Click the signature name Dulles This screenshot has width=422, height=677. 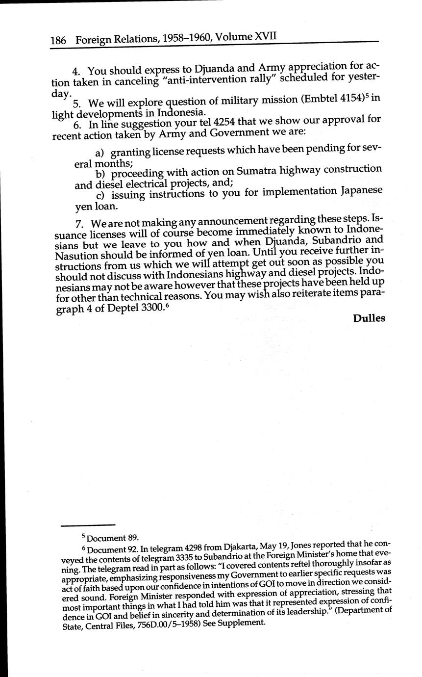click(x=369, y=318)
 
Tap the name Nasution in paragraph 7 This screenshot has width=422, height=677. click(x=75, y=256)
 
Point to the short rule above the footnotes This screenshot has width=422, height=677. click(x=88, y=524)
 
